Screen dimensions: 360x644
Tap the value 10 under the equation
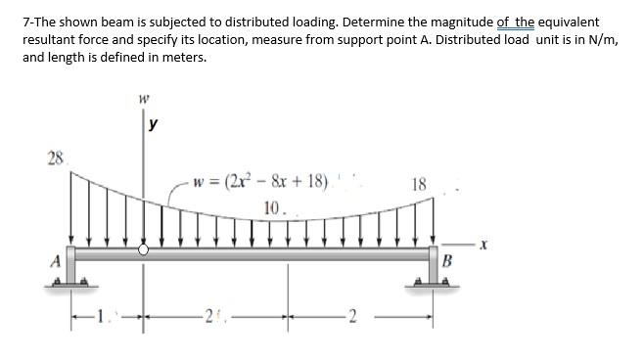click(273, 207)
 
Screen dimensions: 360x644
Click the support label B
click(448, 260)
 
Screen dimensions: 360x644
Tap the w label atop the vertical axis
click(145, 98)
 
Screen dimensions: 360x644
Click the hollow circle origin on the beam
click(145, 250)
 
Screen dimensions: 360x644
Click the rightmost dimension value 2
click(355, 315)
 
